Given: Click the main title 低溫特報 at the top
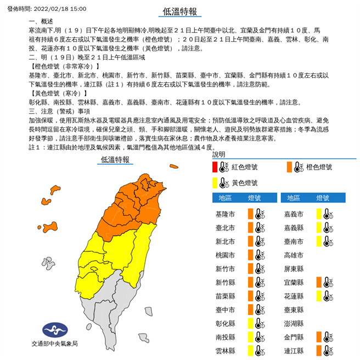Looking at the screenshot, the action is (x=180, y=10).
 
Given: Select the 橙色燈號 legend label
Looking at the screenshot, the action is (x=316, y=167).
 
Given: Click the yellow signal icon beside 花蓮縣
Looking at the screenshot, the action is (x=318, y=296).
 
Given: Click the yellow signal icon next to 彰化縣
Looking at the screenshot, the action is (x=250, y=323).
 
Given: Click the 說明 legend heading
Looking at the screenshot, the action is (x=220, y=155).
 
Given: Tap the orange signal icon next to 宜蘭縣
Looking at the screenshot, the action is (x=318, y=282).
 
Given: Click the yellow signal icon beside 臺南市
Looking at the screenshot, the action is (x=318, y=241).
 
